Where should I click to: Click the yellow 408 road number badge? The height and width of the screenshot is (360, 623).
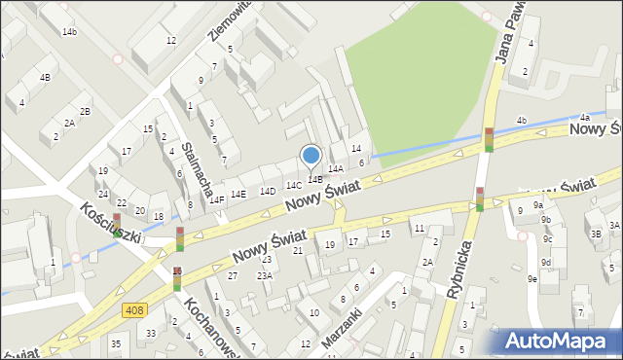tap(135, 309)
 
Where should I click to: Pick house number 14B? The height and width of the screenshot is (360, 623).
tap(315, 180)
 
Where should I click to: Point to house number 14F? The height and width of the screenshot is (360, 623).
tap(217, 199)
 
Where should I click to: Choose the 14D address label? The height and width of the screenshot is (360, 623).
tap(267, 192)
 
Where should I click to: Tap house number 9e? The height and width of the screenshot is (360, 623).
tap(531, 279)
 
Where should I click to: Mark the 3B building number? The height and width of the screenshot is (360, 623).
tap(596, 234)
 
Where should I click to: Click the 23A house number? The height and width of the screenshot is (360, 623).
tap(264, 275)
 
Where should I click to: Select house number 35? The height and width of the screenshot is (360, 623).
tap(115, 344)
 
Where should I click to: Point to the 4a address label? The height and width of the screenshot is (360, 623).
tap(584, 118)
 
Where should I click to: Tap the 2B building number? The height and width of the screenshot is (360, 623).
tap(86, 111)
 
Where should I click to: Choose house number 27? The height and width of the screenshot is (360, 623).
tap(233, 276)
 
